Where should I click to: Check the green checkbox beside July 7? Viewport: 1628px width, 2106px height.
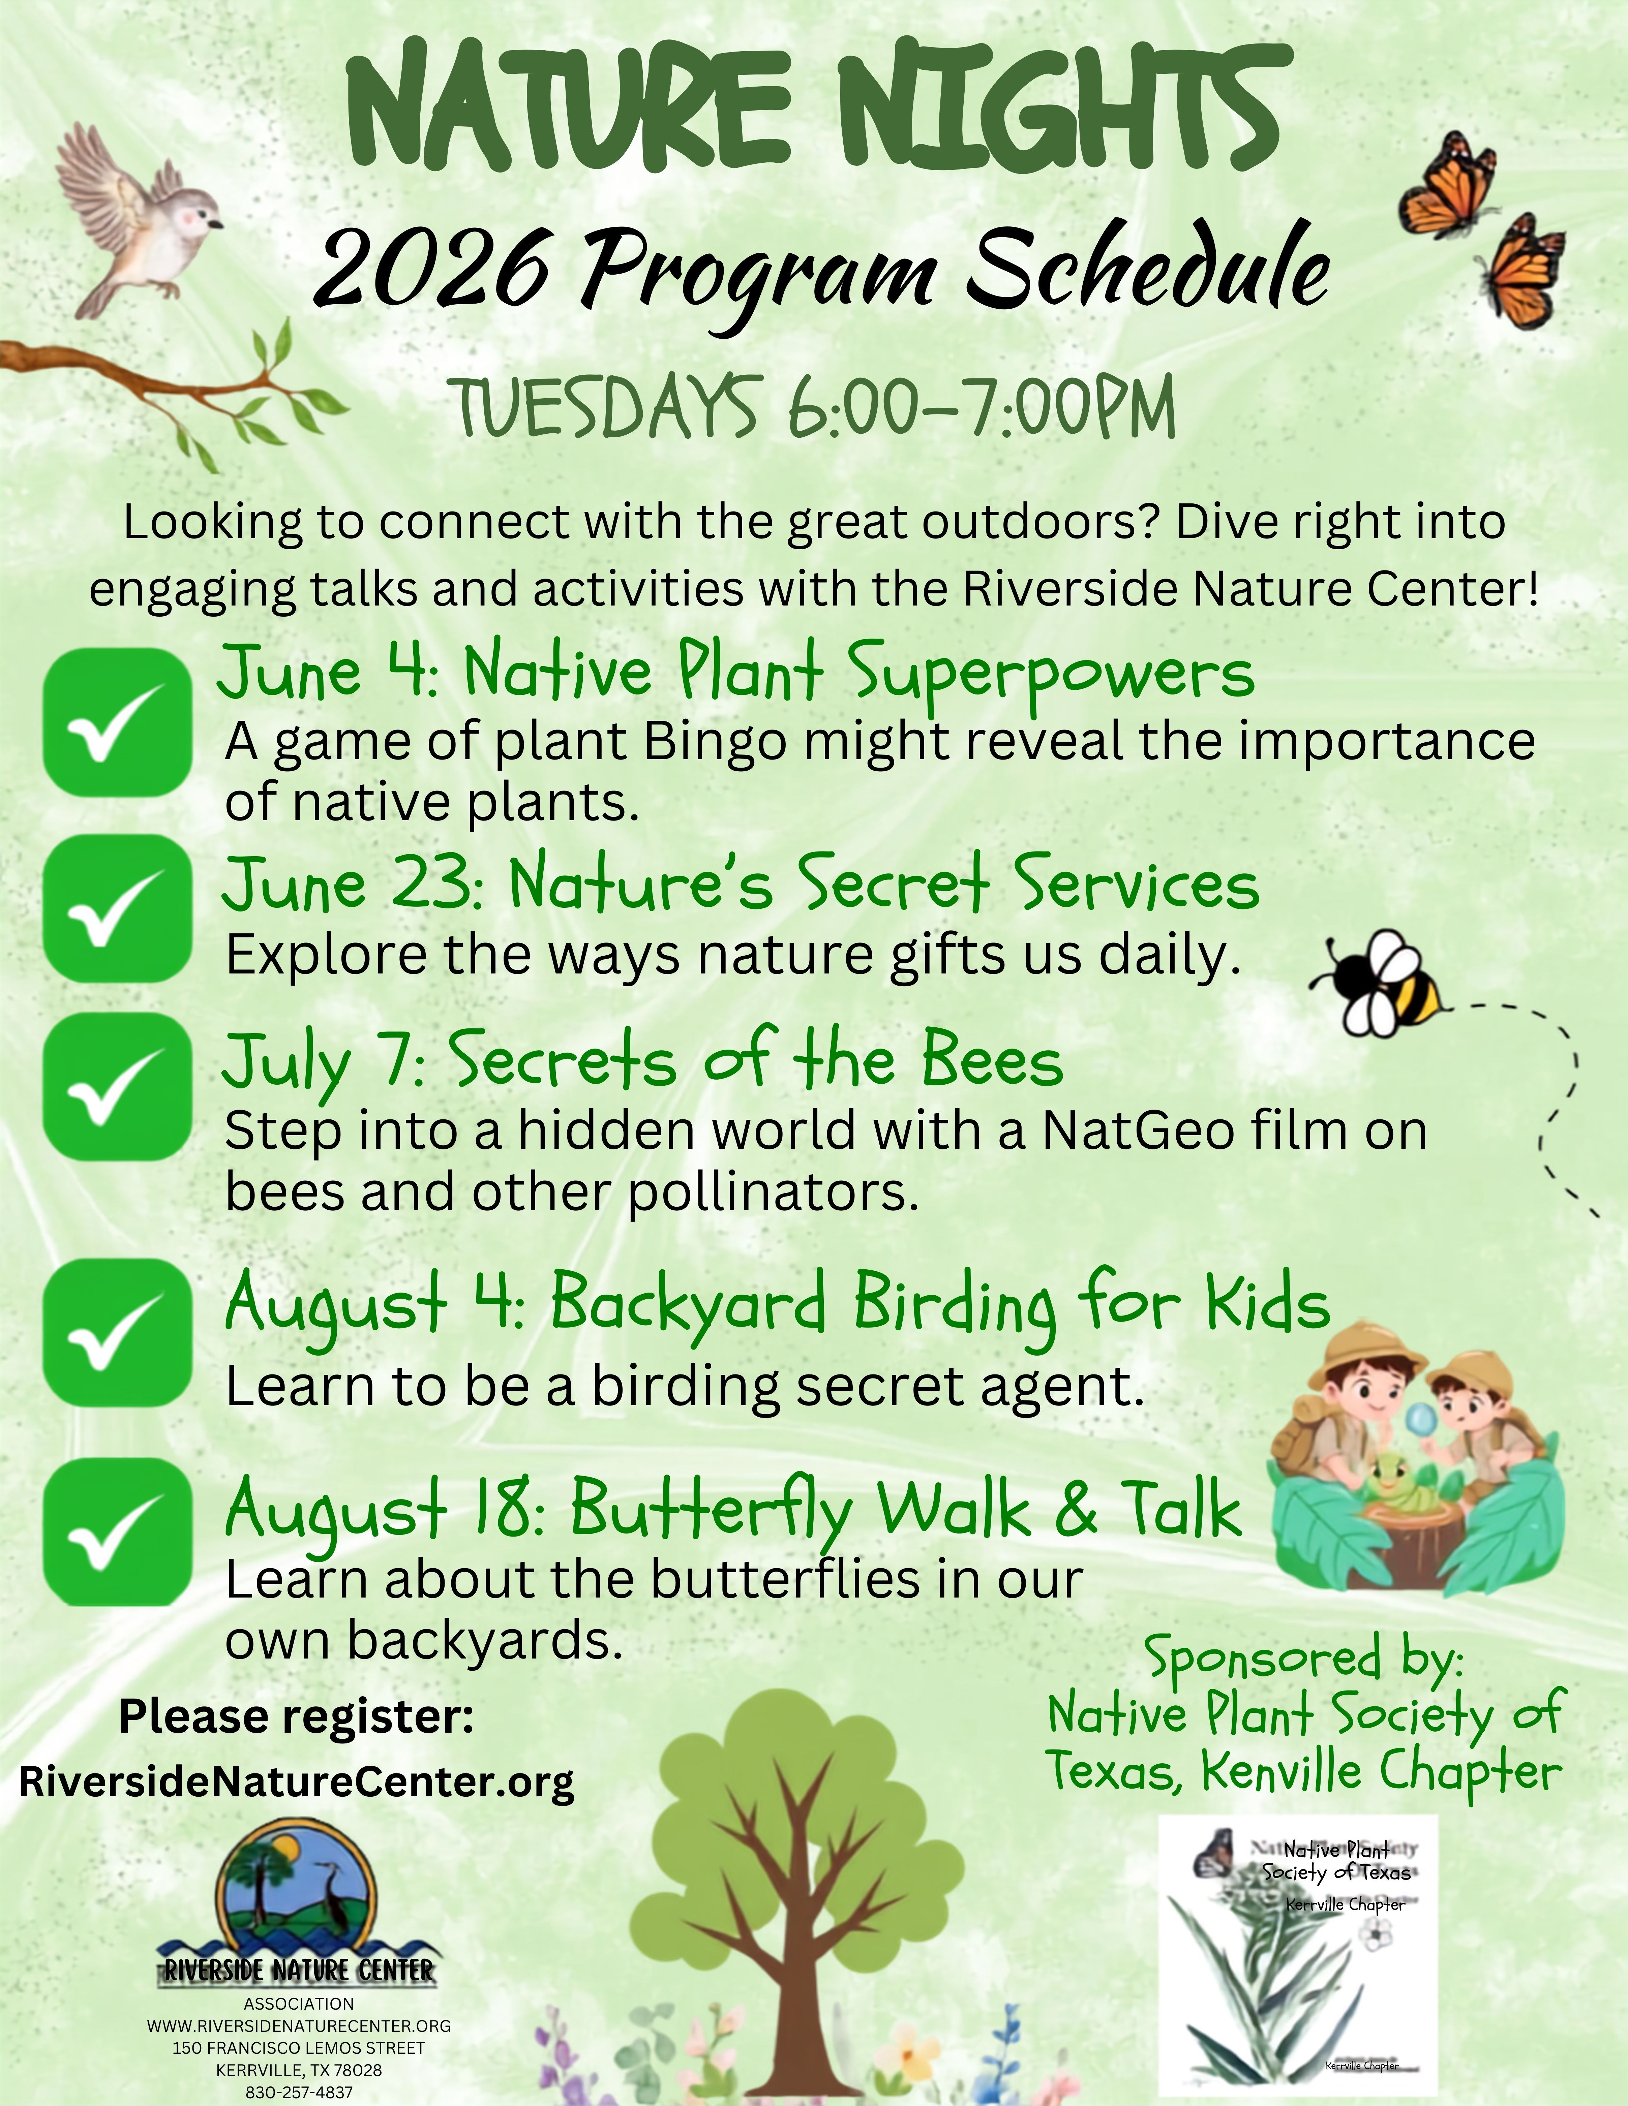click(118, 1089)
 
